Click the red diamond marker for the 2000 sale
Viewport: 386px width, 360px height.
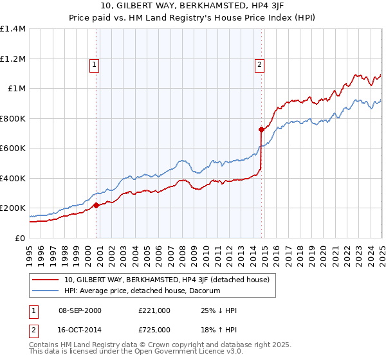(96, 206)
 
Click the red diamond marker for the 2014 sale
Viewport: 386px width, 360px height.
(262, 130)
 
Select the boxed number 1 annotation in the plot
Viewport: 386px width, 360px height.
(94, 64)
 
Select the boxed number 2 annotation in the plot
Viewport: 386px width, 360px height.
(259, 64)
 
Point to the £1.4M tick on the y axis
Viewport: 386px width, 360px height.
(13, 29)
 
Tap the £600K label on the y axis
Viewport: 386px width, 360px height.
(13, 148)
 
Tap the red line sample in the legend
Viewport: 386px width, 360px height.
(46, 280)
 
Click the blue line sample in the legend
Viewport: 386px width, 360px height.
(46, 291)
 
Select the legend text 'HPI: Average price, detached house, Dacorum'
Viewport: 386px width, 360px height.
(142, 291)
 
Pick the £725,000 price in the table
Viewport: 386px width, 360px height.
(154, 328)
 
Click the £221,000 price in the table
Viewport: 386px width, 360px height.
(154, 310)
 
